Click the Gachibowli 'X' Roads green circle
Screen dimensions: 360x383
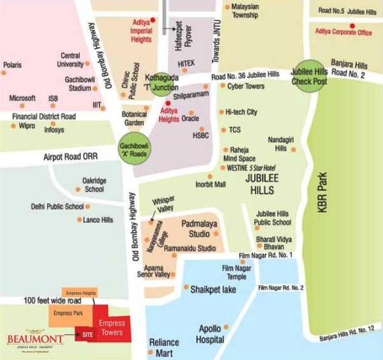point(133,151)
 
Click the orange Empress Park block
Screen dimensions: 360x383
point(69,313)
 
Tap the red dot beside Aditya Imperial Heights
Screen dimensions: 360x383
point(152,20)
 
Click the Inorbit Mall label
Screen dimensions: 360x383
point(211,184)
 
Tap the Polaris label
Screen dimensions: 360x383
point(13,66)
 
